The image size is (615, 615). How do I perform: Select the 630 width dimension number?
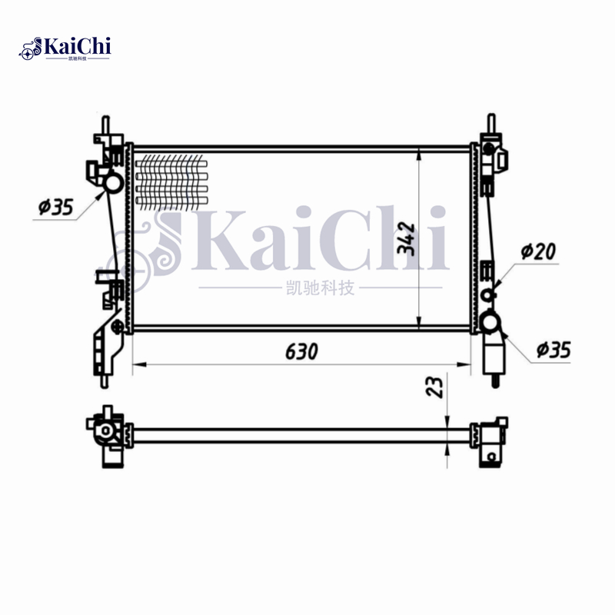[x=301, y=352]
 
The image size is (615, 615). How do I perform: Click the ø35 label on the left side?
[x=55, y=206]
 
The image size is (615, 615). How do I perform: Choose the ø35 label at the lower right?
[x=553, y=350]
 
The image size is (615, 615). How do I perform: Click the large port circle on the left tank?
[x=112, y=183]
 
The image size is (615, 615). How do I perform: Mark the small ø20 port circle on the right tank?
[x=487, y=295]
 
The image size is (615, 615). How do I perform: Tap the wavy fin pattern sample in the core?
[x=171, y=181]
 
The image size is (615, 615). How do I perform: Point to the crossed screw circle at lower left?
[x=117, y=328]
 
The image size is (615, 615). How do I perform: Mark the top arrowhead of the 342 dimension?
[x=417, y=154]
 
